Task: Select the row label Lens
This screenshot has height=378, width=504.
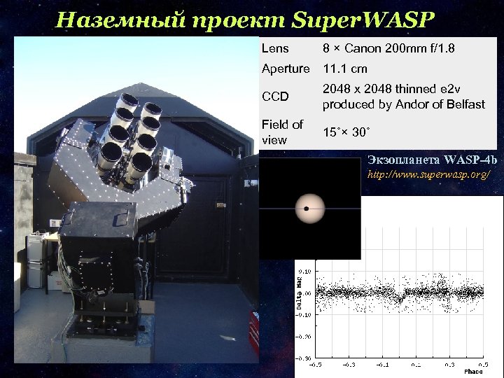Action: (274, 49)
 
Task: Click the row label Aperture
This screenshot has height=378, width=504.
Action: (285, 69)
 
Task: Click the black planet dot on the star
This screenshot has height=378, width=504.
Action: (306, 208)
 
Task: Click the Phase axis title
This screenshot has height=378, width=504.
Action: (473, 371)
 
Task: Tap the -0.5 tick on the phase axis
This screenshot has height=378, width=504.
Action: (318, 364)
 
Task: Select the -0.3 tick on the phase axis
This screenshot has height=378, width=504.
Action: (351, 364)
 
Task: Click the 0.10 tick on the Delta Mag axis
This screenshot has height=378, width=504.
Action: (306, 271)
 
